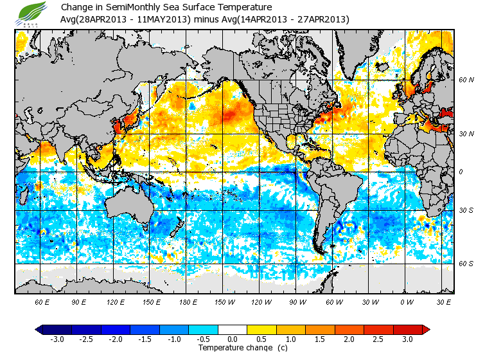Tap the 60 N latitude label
(x=466, y=80)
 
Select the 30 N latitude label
(x=466, y=133)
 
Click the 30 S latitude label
(x=466, y=211)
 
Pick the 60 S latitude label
(x=466, y=264)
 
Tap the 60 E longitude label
(x=42, y=301)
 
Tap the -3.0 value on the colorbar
(x=57, y=339)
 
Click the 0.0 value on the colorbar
(x=233, y=339)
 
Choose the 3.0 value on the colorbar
(x=408, y=339)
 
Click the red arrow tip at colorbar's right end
(x=426, y=329)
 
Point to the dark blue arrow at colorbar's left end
(x=39, y=329)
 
